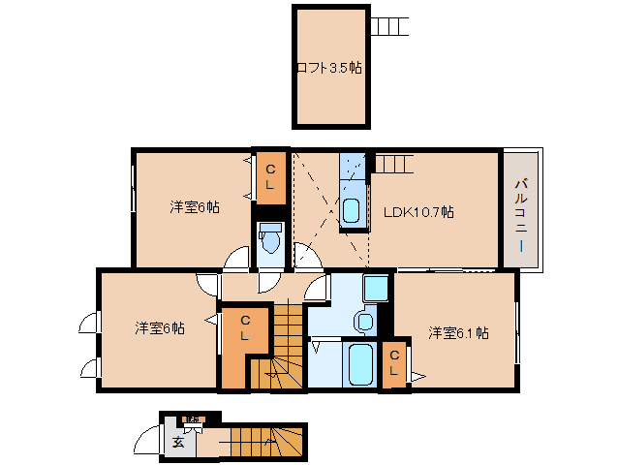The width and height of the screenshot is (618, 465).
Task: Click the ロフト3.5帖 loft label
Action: pos(329,68)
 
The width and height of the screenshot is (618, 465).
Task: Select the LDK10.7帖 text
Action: pos(418,212)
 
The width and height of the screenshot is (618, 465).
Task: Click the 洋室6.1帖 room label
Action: pos(457,333)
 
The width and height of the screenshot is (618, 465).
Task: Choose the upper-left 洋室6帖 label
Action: pos(194,207)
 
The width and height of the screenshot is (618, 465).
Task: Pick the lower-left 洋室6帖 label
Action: pos(160,328)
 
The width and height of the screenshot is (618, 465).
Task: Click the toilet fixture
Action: pos(269,239)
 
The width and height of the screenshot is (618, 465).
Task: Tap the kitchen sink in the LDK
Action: pos(351,209)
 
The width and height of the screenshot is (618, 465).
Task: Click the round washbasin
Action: pos(365,321)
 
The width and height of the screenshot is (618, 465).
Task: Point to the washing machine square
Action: pos(375,289)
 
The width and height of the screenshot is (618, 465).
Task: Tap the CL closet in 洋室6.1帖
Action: pos(394,364)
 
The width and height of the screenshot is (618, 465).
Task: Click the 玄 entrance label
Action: pos(178,443)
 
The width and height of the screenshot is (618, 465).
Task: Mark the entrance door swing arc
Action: pos(148,442)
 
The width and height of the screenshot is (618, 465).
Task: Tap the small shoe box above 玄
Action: pos(193,419)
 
